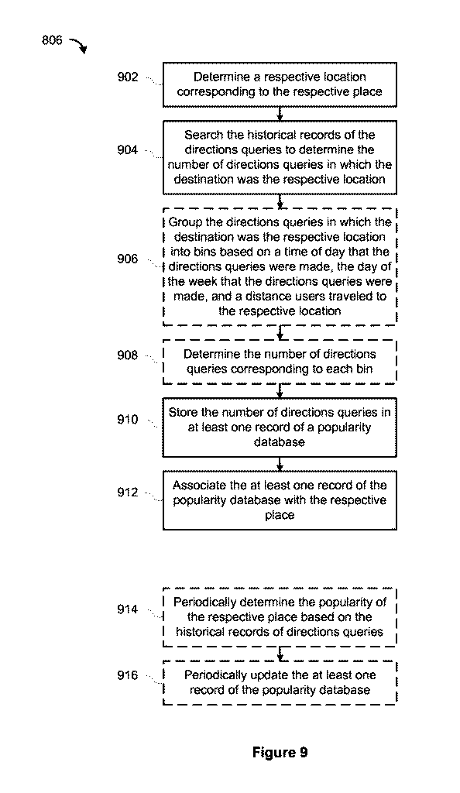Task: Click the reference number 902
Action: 127,77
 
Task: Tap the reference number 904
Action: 127,150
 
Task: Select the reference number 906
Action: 127,259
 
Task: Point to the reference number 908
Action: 127,355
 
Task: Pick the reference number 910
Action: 127,420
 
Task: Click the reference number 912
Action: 127,492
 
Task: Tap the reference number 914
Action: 127,609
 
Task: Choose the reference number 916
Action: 127,675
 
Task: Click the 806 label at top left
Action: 52,40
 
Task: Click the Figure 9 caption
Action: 280,753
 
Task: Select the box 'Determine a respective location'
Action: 280,84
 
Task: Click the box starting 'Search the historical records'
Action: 280,157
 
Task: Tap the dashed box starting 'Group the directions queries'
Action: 280,266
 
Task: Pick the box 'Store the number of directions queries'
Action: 280,427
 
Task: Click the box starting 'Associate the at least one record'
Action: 280,500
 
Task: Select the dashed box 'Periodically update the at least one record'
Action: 280,682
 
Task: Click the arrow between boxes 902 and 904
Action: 280,114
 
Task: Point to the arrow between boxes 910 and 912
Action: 280,464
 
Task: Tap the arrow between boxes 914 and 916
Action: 280,654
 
